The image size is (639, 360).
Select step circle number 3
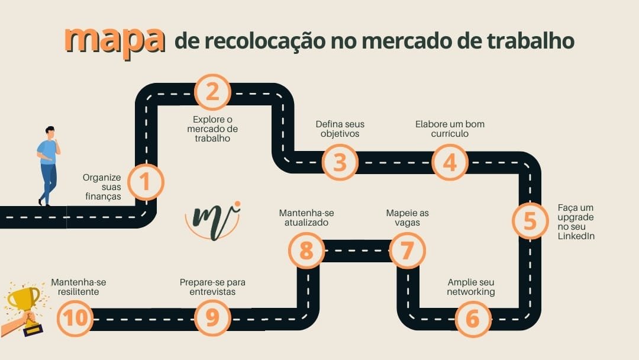(x=340, y=162)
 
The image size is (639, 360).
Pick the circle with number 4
(x=450, y=162)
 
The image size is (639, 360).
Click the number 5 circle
(x=530, y=221)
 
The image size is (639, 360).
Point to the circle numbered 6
(x=472, y=319)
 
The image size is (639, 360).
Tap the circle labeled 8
(x=306, y=250)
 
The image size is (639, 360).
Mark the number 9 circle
(x=212, y=319)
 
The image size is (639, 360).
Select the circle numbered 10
(x=75, y=319)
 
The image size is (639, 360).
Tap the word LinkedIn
(x=576, y=236)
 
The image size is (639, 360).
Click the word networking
(x=471, y=292)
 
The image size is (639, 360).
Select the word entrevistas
(x=212, y=292)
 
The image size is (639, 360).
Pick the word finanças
(x=102, y=196)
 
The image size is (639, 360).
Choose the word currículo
(x=450, y=134)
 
